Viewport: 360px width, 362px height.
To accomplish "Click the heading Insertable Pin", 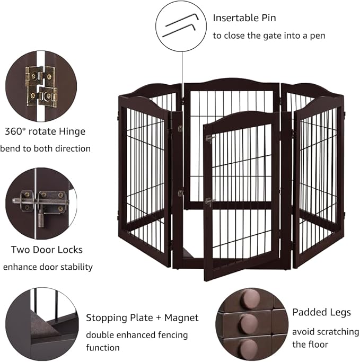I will [244, 17].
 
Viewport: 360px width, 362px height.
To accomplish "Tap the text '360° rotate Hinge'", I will [45, 131].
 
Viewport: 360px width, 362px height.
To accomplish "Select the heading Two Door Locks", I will [47, 249].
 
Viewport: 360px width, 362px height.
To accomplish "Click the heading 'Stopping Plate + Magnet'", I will [142, 318].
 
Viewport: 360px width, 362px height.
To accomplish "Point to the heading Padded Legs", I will [321, 312].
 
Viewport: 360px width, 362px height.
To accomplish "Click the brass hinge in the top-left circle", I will [41, 85].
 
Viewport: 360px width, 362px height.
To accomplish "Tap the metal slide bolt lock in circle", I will [40, 202].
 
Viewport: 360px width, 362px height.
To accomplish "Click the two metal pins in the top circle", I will [180, 25].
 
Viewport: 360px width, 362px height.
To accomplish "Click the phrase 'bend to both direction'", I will [45, 148].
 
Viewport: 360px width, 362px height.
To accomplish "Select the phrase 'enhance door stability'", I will [48, 267].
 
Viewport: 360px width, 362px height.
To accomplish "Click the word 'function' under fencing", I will [103, 348].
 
